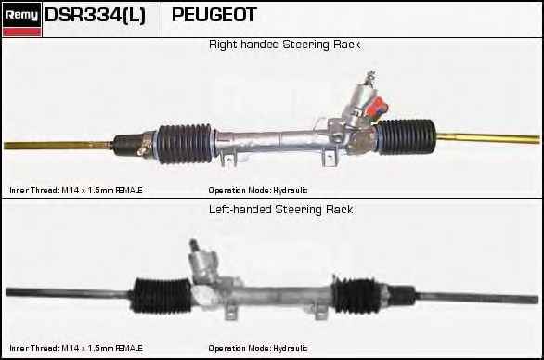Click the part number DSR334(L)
point(94,16)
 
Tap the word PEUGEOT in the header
point(214,16)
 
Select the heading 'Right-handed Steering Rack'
point(284,45)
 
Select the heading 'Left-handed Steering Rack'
point(280,210)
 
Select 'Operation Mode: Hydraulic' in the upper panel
point(257,190)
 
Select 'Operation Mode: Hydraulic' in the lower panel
point(257,348)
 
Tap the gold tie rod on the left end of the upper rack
point(56,146)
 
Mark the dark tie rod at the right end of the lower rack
point(464,299)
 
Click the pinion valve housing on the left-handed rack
point(205,270)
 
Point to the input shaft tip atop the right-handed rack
point(370,74)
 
